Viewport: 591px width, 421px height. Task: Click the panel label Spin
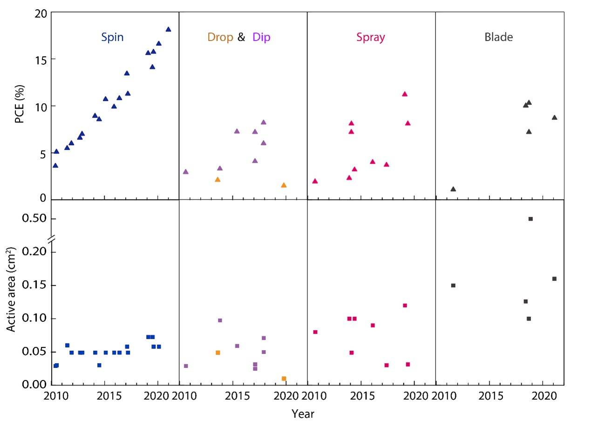click(x=113, y=37)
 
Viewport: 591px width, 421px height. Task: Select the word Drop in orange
click(x=220, y=37)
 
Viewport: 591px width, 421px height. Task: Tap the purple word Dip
click(x=261, y=37)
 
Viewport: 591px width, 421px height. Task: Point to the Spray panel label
click(x=371, y=37)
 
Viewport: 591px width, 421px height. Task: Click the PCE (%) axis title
click(x=20, y=107)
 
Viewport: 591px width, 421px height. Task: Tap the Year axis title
click(x=303, y=414)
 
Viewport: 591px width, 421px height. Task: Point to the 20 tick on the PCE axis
click(x=41, y=13)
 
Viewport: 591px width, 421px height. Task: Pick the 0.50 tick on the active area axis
click(x=35, y=219)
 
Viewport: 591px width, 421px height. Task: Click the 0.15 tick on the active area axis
click(x=35, y=285)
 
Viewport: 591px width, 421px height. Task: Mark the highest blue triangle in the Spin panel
click(x=168, y=29)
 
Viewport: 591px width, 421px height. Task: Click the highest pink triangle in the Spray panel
click(x=405, y=94)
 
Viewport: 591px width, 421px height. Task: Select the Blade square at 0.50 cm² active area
click(x=530, y=219)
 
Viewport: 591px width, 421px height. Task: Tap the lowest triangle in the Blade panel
click(x=453, y=189)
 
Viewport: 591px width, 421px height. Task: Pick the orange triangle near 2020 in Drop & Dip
click(x=284, y=185)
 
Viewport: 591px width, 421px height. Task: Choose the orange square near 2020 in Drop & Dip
click(x=284, y=379)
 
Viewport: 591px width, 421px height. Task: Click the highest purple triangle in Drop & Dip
click(x=263, y=122)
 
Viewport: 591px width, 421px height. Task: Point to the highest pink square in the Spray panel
click(x=405, y=306)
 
